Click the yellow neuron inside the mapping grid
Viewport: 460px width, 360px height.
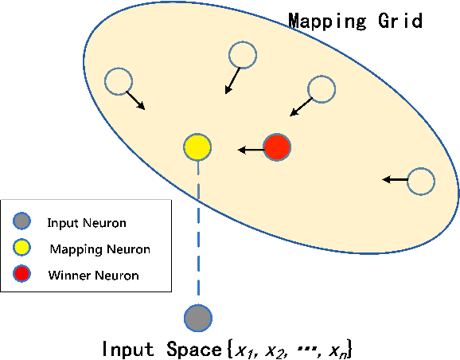[197, 147]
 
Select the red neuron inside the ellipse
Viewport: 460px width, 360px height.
[277, 147]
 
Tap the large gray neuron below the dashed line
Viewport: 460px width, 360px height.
[197, 318]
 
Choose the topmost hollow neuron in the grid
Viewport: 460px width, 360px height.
[242, 55]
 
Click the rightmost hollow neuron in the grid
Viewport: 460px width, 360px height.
[421, 181]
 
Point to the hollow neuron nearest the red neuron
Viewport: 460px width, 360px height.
[321, 88]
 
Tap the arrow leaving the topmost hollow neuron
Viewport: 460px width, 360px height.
[232, 79]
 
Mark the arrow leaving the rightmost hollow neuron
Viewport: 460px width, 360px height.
[395, 180]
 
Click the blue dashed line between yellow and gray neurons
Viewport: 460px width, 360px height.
[197, 231]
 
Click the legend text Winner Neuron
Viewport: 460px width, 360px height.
[93, 276]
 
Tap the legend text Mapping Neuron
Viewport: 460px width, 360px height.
[99, 249]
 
